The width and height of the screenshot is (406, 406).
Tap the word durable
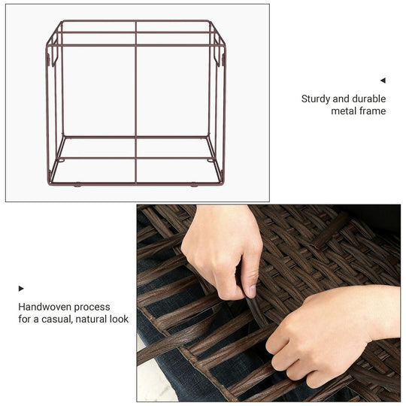[x=369, y=98]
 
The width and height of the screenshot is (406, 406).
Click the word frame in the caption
[x=374, y=111]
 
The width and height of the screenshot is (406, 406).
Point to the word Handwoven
[x=44, y=307]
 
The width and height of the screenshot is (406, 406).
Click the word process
[x=92, y=308]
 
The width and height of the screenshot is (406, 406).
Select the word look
[x=119, y=319]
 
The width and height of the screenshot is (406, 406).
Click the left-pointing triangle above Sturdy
[x=383, y=80]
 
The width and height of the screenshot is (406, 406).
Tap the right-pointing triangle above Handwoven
[x=21, y=289]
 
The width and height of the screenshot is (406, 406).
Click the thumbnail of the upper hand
[x=252, y=291]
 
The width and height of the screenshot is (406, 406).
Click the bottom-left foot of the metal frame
[x=77, y=185]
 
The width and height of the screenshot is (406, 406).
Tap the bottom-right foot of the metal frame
[x=194, y=185]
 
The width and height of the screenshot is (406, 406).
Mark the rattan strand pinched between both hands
[x=255, y=311]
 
